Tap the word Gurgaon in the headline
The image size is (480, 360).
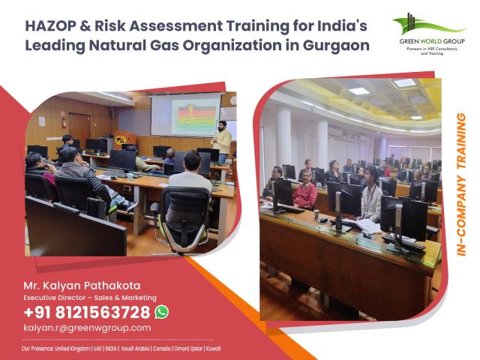tap(336, 45)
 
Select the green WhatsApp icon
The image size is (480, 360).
tap(162, 312)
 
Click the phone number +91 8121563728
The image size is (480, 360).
tap(87, 312)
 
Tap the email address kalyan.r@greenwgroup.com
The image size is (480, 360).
tap(87, 328)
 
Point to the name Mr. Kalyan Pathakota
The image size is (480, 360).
tap(82, 286)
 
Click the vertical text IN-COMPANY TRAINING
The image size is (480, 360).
tap(461, 184)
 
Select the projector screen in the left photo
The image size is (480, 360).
tap(185, 115)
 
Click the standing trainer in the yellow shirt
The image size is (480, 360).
tap(222, 142)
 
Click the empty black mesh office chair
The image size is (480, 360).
tap(183, 219)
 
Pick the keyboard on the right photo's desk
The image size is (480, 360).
tap(403, 242)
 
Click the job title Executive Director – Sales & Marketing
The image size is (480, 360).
tap(90, 298)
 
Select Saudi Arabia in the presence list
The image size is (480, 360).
tap(135, 348)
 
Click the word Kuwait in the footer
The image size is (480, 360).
tap(213, 348)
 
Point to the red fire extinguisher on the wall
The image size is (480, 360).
tap(64, 121)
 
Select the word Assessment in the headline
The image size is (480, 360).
tap(176, 25)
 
